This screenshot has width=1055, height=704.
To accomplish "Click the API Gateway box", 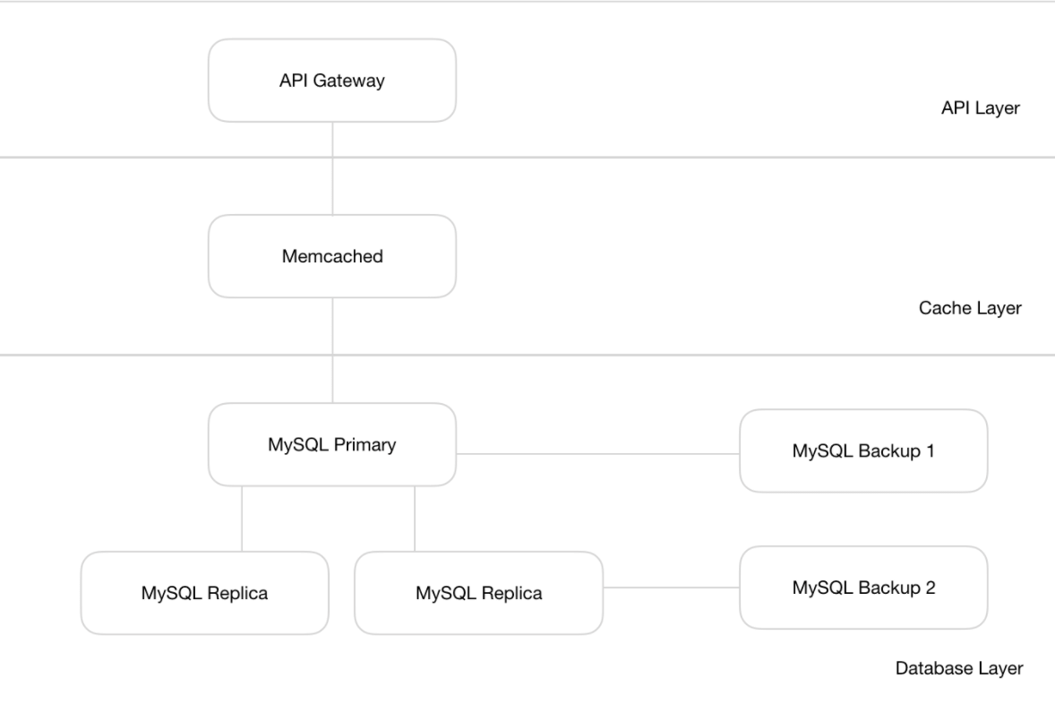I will (331, 80).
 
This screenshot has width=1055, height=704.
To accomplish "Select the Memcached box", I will (331, 256).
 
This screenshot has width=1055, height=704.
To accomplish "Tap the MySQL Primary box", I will (331, 444).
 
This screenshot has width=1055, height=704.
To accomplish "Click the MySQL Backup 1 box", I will (862, 451).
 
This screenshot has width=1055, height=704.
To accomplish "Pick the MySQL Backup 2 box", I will (862, 588).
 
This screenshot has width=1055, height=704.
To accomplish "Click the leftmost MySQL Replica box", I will (204, 593).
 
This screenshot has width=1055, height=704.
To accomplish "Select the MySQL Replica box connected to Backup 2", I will (478, 593).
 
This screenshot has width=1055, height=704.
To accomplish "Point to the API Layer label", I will (981, 109).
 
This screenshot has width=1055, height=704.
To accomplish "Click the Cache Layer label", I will (970, 308).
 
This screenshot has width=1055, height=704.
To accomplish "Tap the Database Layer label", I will (959, 668).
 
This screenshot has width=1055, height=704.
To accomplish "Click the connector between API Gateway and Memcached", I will (332, 168).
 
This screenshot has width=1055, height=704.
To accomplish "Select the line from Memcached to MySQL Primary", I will (332, 351).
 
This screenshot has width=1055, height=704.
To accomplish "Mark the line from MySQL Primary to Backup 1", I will (597, 453).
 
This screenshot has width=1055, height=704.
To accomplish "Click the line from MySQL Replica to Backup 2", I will (671, 588).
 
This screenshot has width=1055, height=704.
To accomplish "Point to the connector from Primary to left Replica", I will (242, 519).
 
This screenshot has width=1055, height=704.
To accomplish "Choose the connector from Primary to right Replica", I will (415, 519).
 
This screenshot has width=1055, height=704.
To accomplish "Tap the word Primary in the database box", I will (365, 444).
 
